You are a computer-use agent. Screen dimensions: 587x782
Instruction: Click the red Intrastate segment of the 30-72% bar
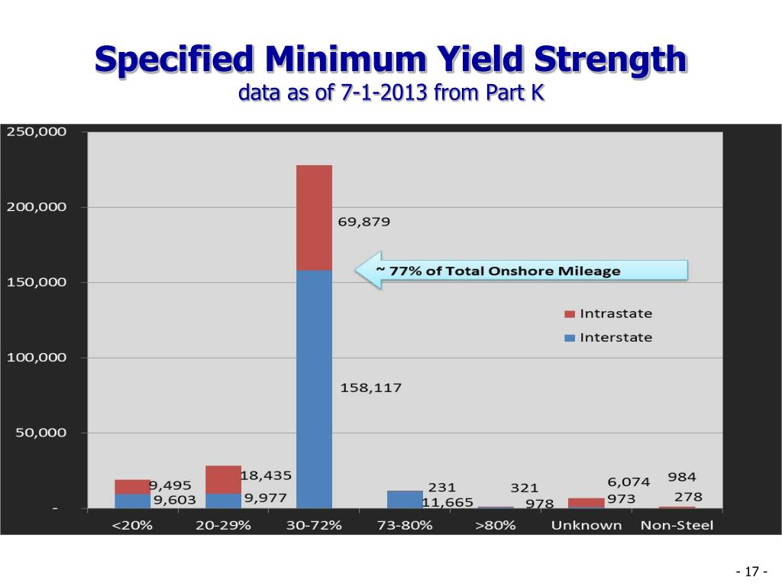click(314, 218)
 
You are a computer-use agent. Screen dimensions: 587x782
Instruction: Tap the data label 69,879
click(364, 222)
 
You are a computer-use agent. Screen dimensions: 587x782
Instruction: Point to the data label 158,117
click(371, 388)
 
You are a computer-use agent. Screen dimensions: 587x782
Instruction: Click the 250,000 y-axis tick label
click(37, 132)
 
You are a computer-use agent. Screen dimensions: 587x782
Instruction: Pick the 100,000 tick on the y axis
click(37, 358)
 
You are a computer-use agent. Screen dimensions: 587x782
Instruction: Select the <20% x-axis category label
click(134, 525)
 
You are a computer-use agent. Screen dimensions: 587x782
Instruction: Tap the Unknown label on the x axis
click(586, 525)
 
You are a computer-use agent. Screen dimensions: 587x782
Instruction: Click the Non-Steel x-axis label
click(677, 525)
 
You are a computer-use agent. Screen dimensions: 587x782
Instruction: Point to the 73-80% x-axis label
click(405, 525)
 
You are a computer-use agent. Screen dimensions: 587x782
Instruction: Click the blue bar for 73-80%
click(405, 500)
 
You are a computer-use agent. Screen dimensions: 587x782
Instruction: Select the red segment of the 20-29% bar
click(224, 479)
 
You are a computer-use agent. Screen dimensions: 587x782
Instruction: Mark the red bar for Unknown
click(586, 502)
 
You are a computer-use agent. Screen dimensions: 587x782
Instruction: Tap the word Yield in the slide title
click(473, 60)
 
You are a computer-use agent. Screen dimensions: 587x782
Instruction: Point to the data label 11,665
click(448, 502)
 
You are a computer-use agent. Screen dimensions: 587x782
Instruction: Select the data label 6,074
click(629, 482)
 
